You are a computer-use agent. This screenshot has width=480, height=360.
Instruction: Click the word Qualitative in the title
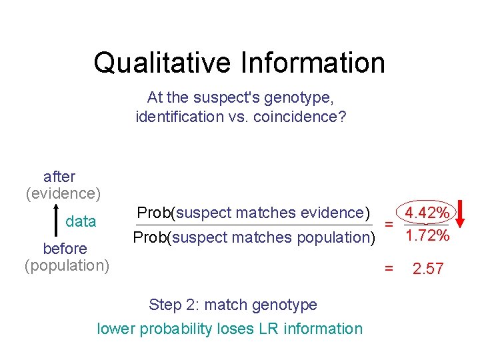(x=163, y=63)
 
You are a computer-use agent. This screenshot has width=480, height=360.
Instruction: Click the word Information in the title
(x=313, y=63)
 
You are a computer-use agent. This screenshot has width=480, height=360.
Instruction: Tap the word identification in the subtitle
(x=179, y=117)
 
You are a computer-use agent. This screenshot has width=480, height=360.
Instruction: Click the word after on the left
(x=59, y=177)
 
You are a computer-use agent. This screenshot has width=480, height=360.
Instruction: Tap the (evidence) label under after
(x=63, y=193)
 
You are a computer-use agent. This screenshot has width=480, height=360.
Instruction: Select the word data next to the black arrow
(x=81, y=221)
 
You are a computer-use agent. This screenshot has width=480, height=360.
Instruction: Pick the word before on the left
(x=65, y=249)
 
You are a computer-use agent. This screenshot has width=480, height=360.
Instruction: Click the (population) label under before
(x=67, y=265)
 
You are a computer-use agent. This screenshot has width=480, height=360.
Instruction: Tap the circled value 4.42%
(x=427, y=213)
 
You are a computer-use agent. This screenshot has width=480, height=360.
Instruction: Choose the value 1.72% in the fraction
(x=427, y=236)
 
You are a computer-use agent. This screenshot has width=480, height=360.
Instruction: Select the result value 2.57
(x=427, y=269)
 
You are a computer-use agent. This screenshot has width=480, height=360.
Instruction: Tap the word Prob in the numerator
(x=153, y=213)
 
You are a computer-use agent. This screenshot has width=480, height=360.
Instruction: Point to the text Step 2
(x=172, y=305)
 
